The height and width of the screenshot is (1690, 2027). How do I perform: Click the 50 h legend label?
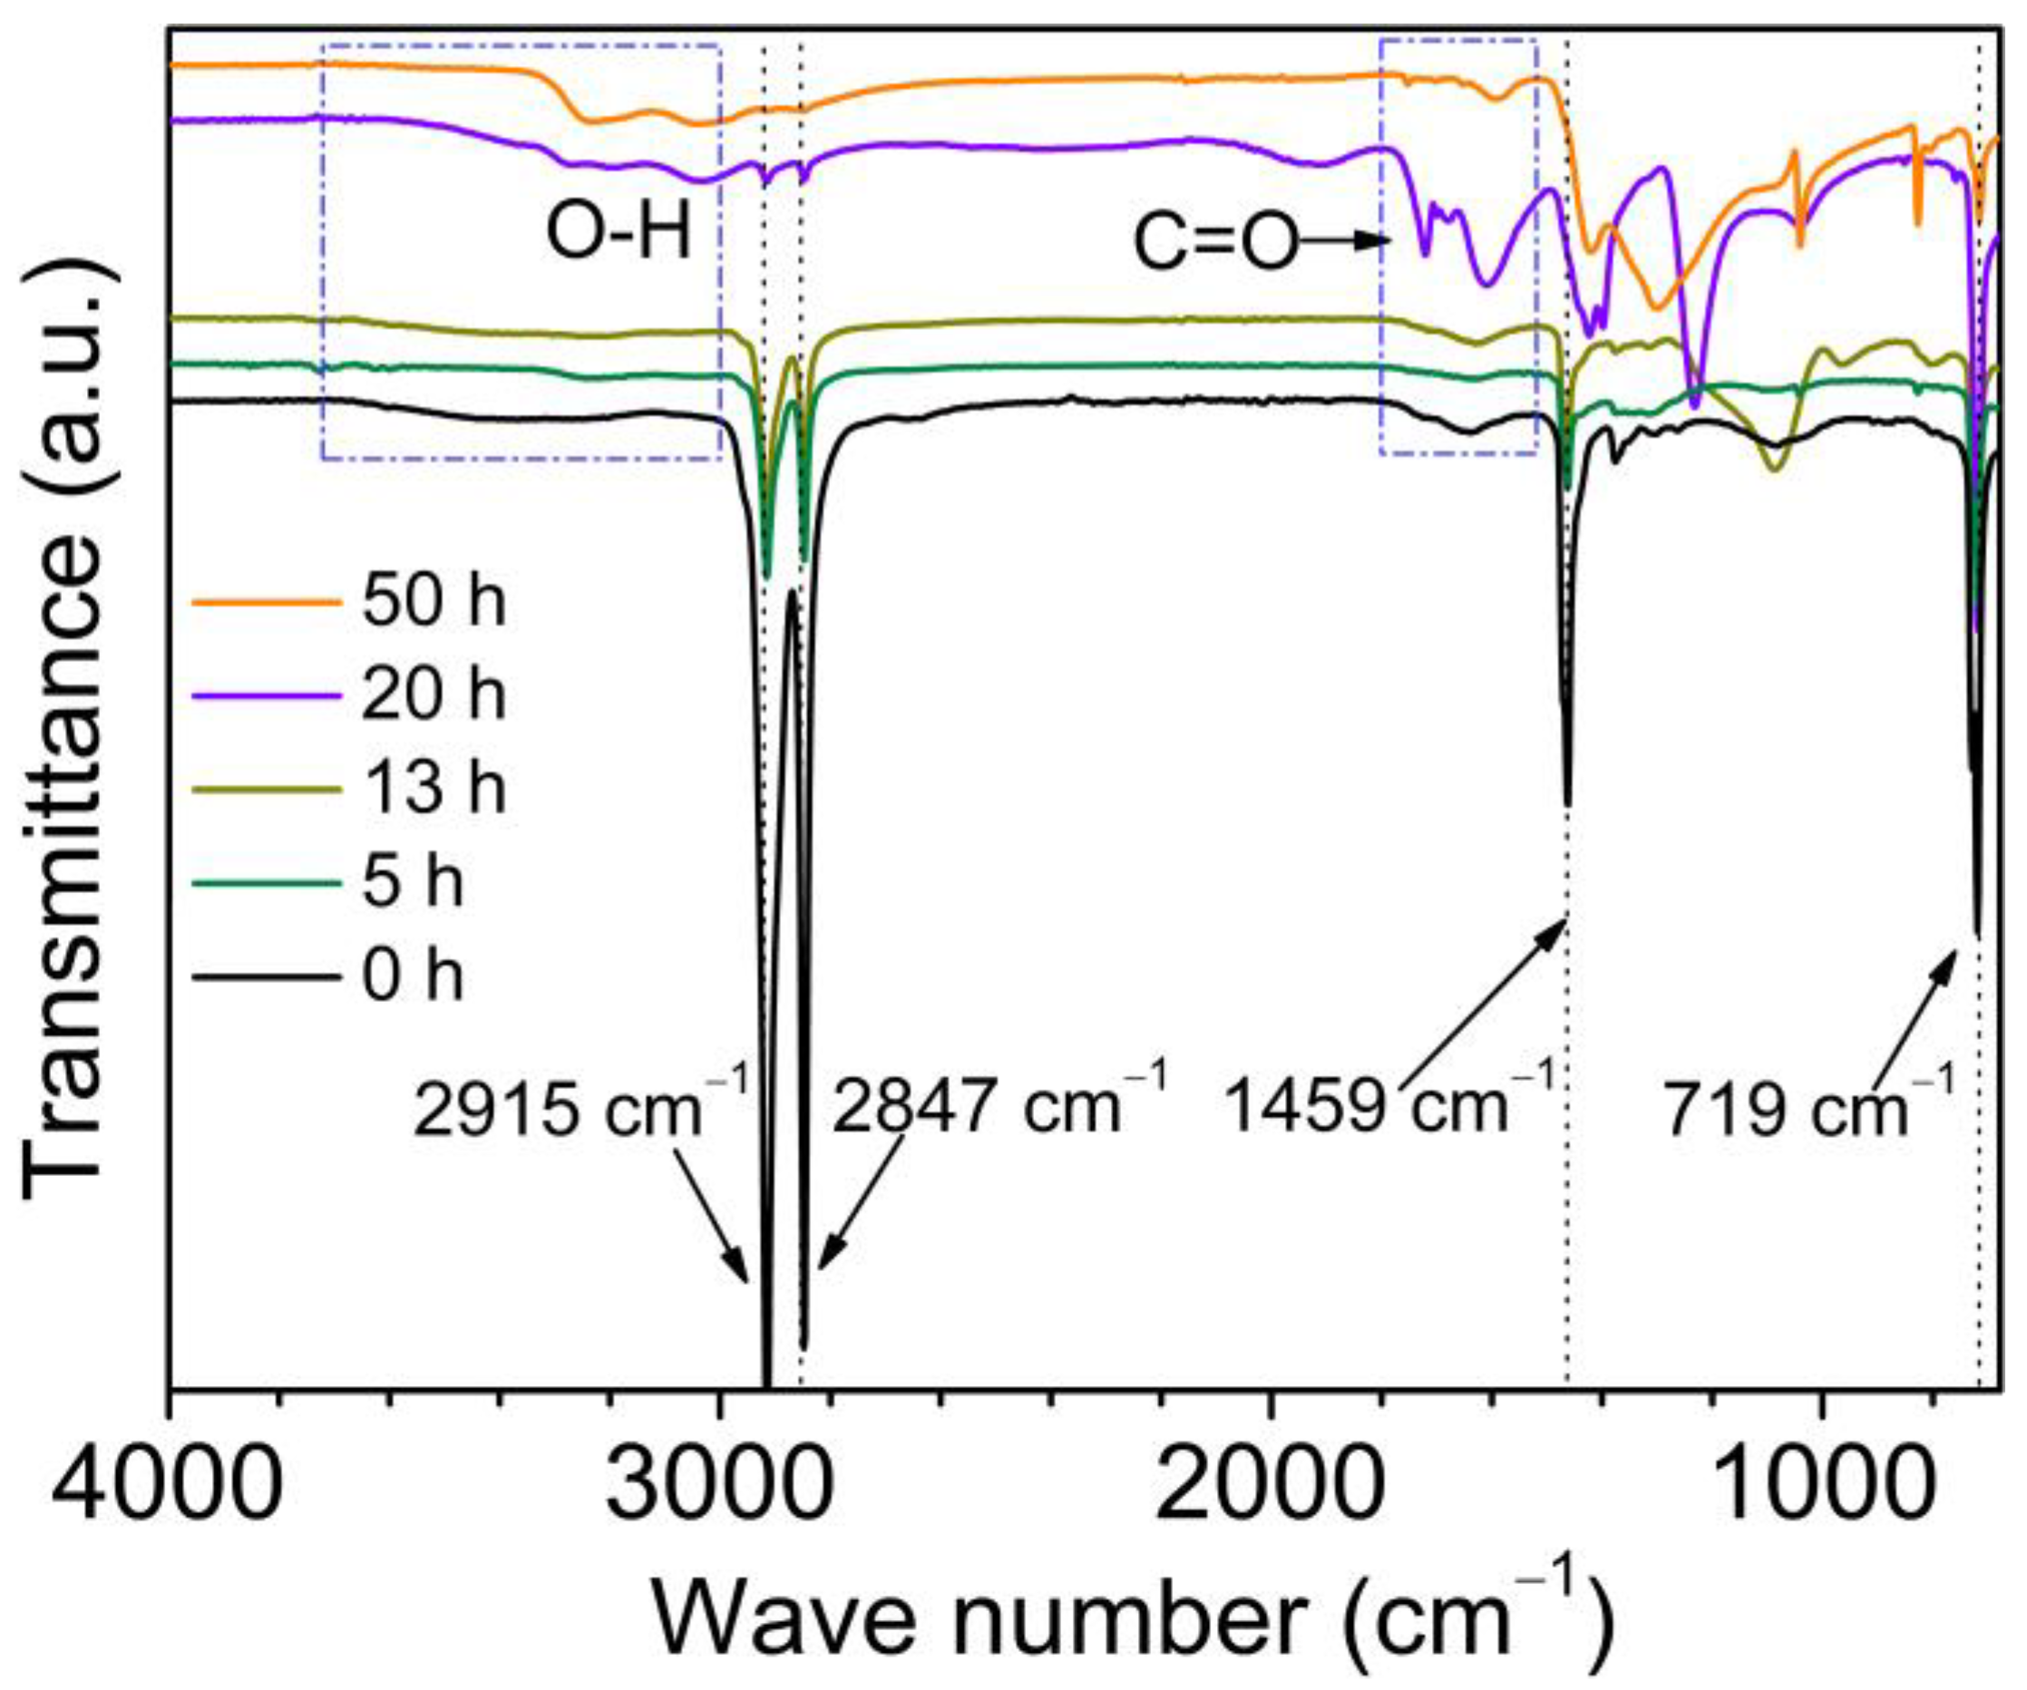(434, 602)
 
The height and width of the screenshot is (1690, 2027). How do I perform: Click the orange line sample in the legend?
(267, 602)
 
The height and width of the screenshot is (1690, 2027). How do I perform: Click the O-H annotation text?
(619, 234)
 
